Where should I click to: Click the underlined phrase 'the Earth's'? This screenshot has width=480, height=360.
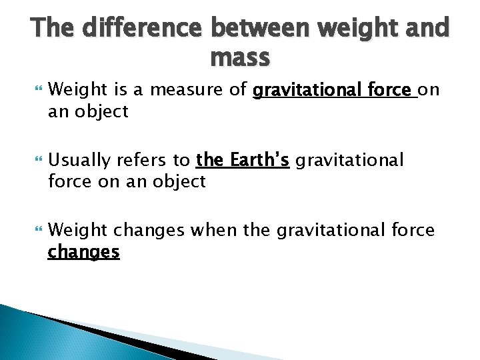(x=242, y=160)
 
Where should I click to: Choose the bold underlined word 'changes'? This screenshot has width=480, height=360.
(x=83, y=252)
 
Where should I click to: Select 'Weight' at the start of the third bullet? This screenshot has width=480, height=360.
(x=78, y=231)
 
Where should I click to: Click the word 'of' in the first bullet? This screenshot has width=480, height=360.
(x=239, y=89)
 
